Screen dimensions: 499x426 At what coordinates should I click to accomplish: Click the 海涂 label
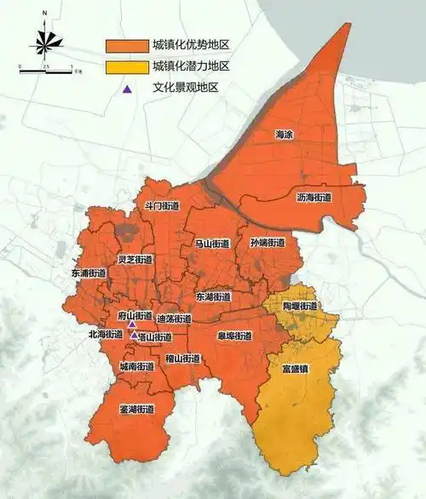283,135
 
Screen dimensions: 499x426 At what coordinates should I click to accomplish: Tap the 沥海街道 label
314,197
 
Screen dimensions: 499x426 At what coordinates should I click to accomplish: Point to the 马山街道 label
212,244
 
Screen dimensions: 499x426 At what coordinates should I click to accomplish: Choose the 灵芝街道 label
135,260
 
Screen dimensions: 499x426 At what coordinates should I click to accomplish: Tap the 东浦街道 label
89,274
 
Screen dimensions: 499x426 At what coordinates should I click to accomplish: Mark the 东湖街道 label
213,296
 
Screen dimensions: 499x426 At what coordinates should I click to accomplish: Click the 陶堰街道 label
301,306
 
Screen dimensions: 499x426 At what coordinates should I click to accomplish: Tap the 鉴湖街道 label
136,409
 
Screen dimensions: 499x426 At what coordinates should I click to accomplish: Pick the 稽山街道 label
183,358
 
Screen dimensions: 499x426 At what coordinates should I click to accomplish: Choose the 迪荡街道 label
175,318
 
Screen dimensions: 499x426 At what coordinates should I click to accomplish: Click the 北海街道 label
106,335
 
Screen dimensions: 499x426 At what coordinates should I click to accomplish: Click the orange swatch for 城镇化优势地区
125,45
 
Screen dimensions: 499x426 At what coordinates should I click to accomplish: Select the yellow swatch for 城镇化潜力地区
125,66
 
